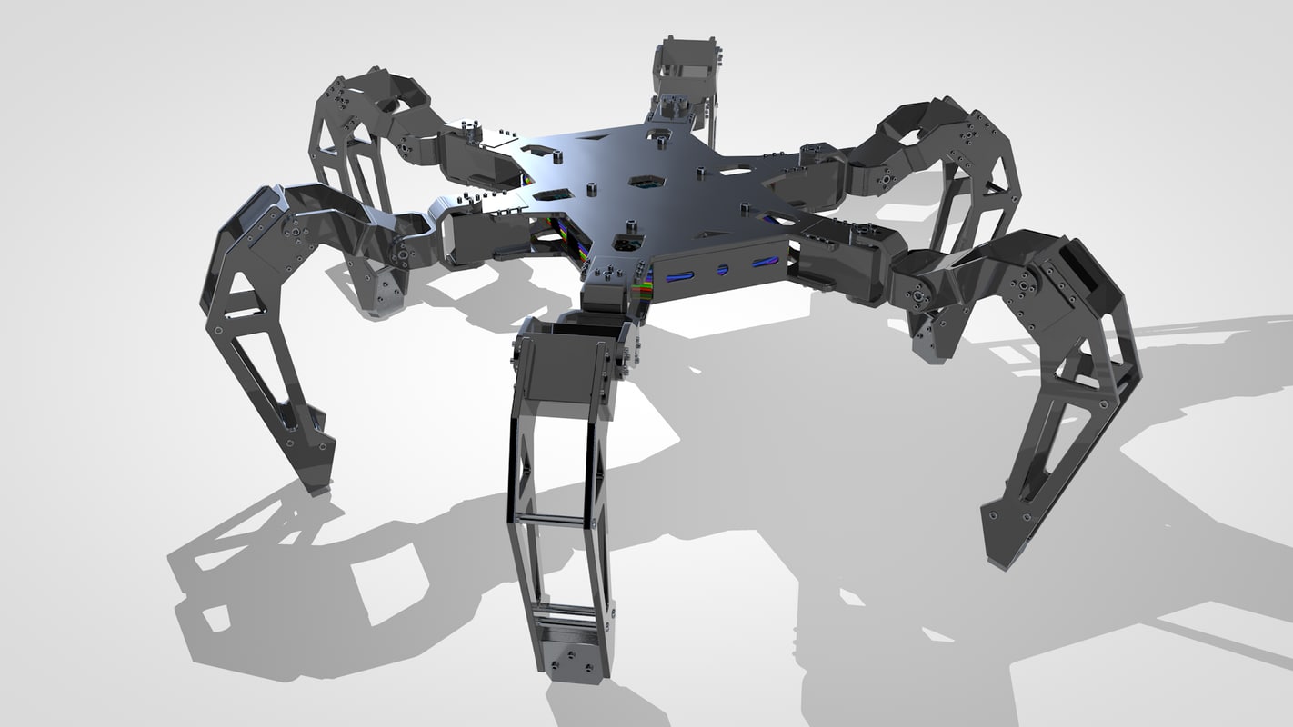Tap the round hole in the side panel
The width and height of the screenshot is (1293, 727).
pos(723,270)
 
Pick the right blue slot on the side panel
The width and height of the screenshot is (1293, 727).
pos(764,264)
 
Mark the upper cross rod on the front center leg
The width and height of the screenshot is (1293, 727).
pos(555,520)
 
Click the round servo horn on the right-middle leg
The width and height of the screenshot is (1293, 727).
pos(882,181)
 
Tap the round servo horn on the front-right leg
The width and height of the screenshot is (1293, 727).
pos(921,299)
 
